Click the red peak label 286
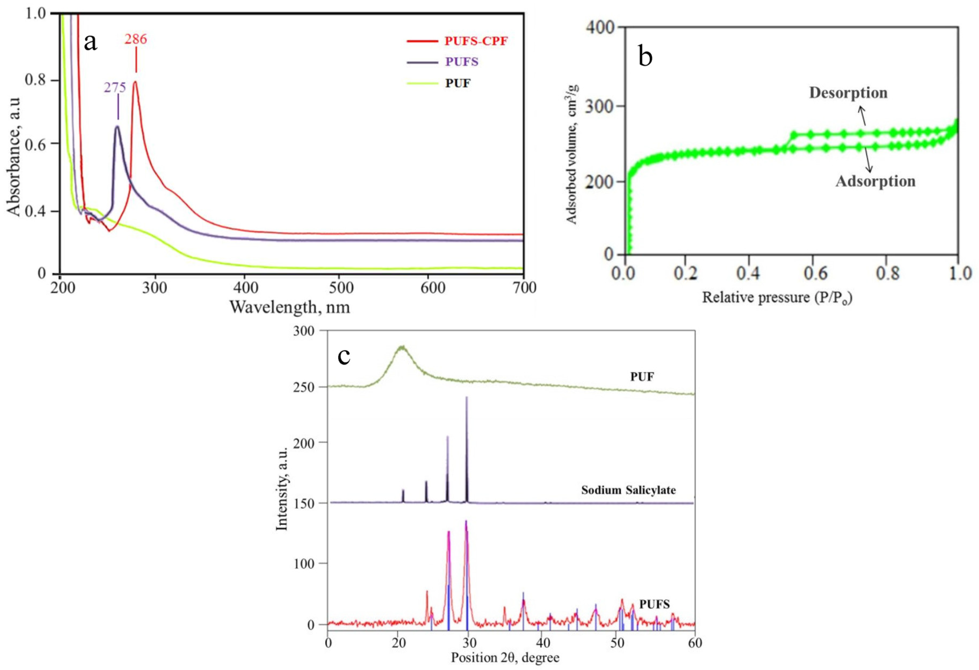tap(136, 39)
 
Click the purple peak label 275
tap(115, 87)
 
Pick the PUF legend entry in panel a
tap(458, 83)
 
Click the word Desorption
tap(848, 93)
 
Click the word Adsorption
tap(875, 181)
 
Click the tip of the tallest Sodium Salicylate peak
tap(466, 397)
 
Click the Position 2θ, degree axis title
tap(505, 657)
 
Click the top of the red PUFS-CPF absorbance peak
tap(135, 81)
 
